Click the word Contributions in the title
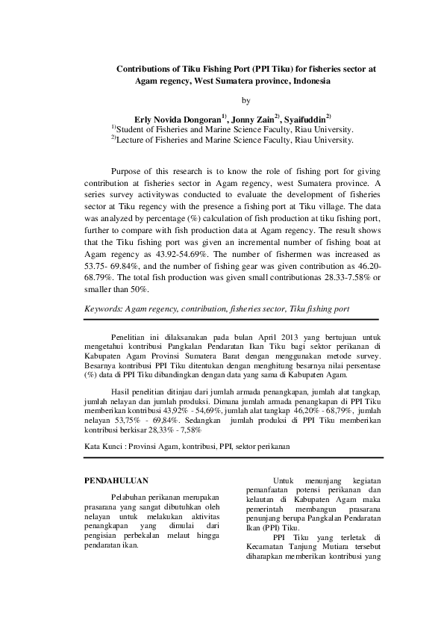tap(146, 68)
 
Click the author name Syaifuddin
tap(304, 119)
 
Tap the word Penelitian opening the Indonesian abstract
tap(128, 338)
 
